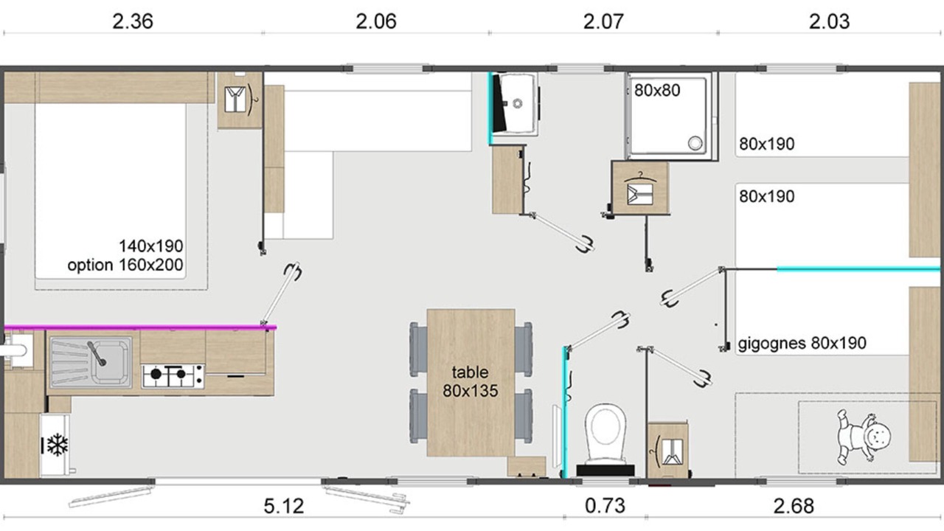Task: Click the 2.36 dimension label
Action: click(132, 21)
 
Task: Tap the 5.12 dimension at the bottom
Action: click(284, 506)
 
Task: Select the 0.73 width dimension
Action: click(605, 506)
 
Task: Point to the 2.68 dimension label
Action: click(793, 506)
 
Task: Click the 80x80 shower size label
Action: click(657, 90)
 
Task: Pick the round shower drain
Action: click(695, 143)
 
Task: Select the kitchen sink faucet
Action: click(97, 353)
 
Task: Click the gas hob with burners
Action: click(173, 376)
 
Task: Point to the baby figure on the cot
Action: click(863, 437)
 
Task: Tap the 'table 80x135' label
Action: click(470, 381)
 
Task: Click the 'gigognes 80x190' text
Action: click(802, 344)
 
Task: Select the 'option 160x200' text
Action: click(125, 265)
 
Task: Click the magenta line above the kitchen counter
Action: click(140, 327)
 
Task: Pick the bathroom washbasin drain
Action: click(518, 103)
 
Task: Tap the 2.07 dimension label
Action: click(603, 21)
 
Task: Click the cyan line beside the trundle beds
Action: click(858, 269)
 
